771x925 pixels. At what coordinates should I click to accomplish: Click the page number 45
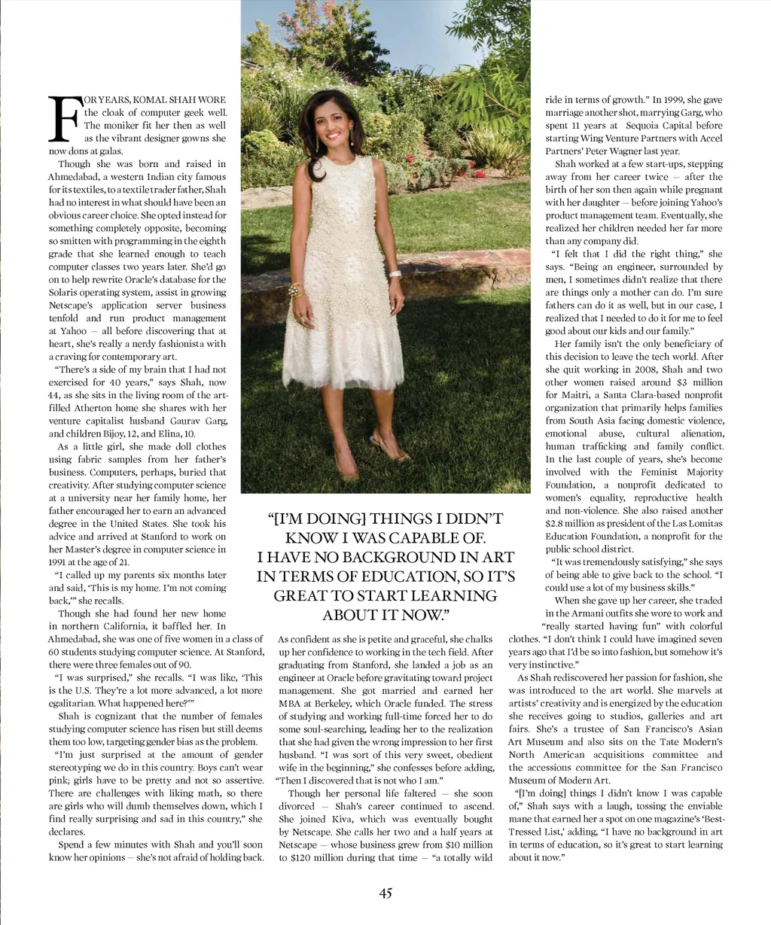[385, 893]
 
